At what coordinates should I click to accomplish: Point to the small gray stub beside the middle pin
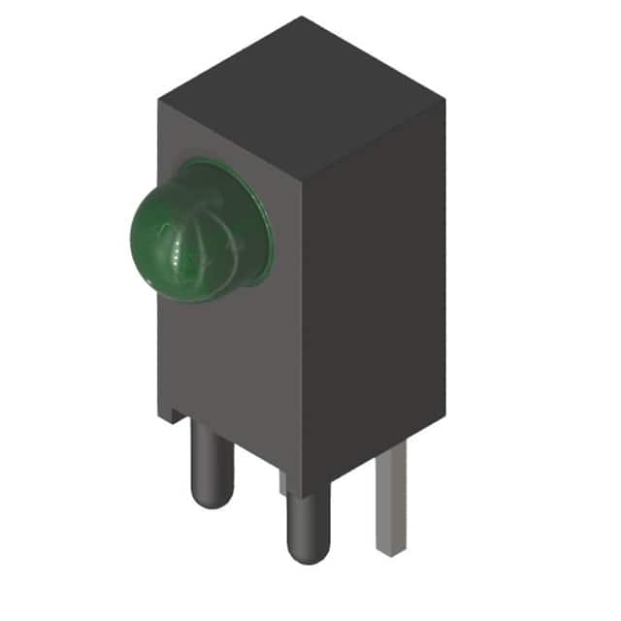point(282,482)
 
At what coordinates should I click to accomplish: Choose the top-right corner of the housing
point(446,97)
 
